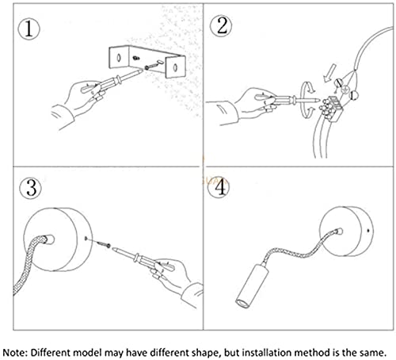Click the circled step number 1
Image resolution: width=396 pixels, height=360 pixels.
click(x=29, y=29)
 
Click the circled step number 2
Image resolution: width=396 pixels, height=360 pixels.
click(x=221, y=25)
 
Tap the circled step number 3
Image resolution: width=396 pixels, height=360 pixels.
click(x=31, y=188)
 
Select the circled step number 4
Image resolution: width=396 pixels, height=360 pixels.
click(x=219, y=187)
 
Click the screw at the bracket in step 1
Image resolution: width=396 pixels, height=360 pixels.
click(x=149, y=67)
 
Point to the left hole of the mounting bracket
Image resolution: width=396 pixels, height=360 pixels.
click(x=119, y=58)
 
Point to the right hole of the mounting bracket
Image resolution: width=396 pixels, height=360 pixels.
click(x=175, y=67)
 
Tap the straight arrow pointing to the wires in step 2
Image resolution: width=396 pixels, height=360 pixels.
click(x=329, y=73)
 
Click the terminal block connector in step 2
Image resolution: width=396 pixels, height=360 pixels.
click(x=330, y=108)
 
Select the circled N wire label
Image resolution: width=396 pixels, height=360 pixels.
click(x=338, y=83)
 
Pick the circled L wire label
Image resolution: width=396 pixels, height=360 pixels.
click(x=353, y=95)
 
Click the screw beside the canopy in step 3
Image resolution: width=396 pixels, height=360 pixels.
click(x=105, y=244)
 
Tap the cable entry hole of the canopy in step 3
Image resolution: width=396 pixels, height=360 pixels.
click(x=49, y=240)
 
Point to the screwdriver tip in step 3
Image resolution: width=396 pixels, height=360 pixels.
click(x=114, y=249)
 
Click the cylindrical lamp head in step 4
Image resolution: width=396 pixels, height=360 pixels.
click(x=251, y=286)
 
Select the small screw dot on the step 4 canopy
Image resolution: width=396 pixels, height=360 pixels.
click(x=368, y=231)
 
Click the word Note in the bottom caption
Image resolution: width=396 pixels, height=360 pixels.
click(x=14, y=353)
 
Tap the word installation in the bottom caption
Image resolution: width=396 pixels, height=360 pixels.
click(x=267, y=353)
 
